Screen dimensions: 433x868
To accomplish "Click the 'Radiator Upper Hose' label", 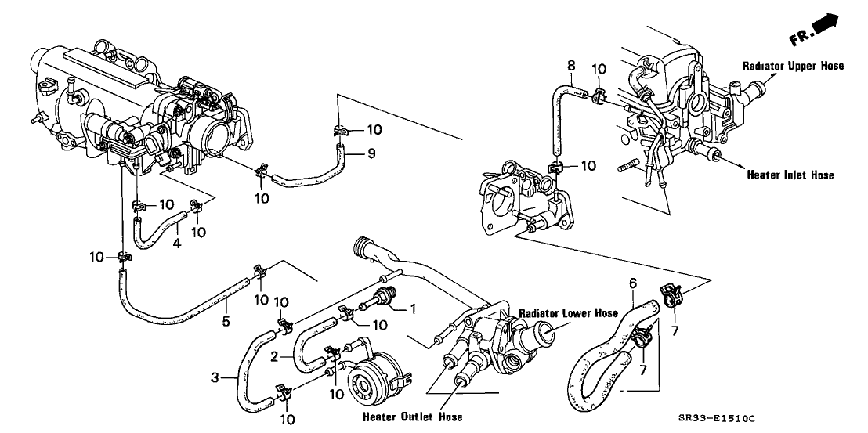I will tap(793, 67).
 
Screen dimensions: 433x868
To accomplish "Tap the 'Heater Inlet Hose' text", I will tap(790, 175).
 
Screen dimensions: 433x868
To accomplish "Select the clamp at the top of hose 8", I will tap(597, 96).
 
